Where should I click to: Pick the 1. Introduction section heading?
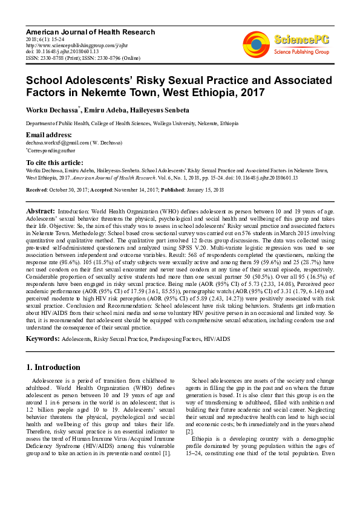click(54, 367)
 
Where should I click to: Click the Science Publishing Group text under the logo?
click(302, 53)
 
